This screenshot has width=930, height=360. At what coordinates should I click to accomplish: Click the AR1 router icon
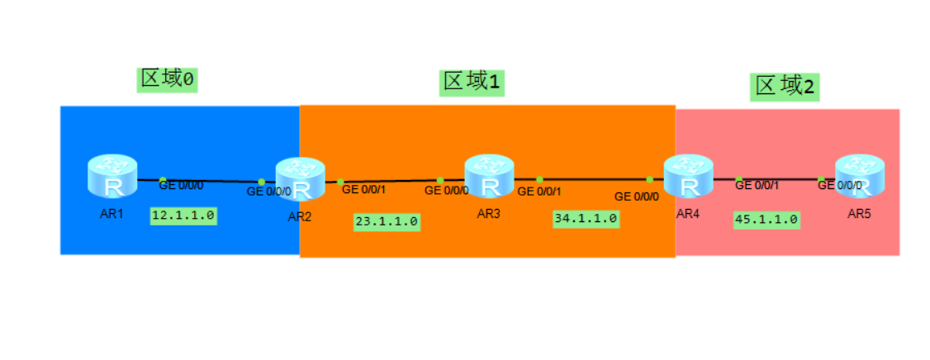[112, 176]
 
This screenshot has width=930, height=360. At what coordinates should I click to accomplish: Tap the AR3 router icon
[489, 176]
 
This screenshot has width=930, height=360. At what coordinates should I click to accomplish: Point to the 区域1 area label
[472, 82]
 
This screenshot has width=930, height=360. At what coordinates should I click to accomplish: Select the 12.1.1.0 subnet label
[183, 216]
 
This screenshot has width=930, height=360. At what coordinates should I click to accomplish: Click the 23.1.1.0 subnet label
[387, 221]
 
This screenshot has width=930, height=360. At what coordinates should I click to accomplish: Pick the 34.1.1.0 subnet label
[586, 219]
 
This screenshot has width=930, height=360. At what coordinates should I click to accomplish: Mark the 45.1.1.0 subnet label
[766, 219]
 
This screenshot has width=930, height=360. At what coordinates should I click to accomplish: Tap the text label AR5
[859, 214]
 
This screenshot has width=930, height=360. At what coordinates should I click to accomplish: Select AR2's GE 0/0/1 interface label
[364, 189]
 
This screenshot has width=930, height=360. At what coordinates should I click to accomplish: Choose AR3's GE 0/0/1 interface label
[539, 192]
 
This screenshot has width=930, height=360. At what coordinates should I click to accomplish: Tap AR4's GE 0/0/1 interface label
[757, 186]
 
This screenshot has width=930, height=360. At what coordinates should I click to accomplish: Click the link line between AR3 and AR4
[595, 178]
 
